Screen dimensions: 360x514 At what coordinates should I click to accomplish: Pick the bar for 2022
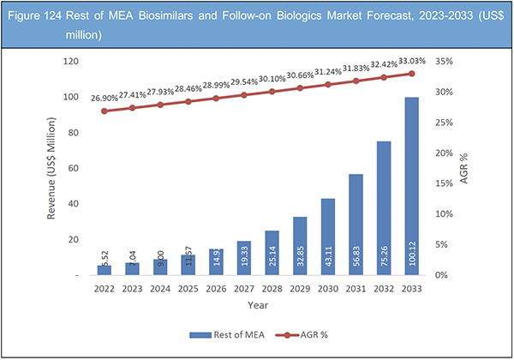pos(105,270)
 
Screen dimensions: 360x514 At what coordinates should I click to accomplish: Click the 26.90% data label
pos(105,99)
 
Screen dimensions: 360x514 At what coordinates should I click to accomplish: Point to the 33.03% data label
pos(413,62)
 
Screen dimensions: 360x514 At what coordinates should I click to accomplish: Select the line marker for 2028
pos(272,91)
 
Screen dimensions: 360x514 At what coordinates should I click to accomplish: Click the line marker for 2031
pos(356,81)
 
